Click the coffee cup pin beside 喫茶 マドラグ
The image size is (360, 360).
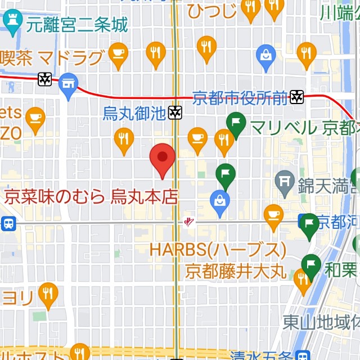point(118,54)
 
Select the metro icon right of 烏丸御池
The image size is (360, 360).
point(175,113)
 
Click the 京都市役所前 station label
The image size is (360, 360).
point(240,98)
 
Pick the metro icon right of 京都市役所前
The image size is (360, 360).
point(296,98)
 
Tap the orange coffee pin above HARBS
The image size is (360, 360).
point(274,216)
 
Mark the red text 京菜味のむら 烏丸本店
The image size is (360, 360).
point(91,196)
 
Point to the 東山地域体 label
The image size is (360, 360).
point(321,323)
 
